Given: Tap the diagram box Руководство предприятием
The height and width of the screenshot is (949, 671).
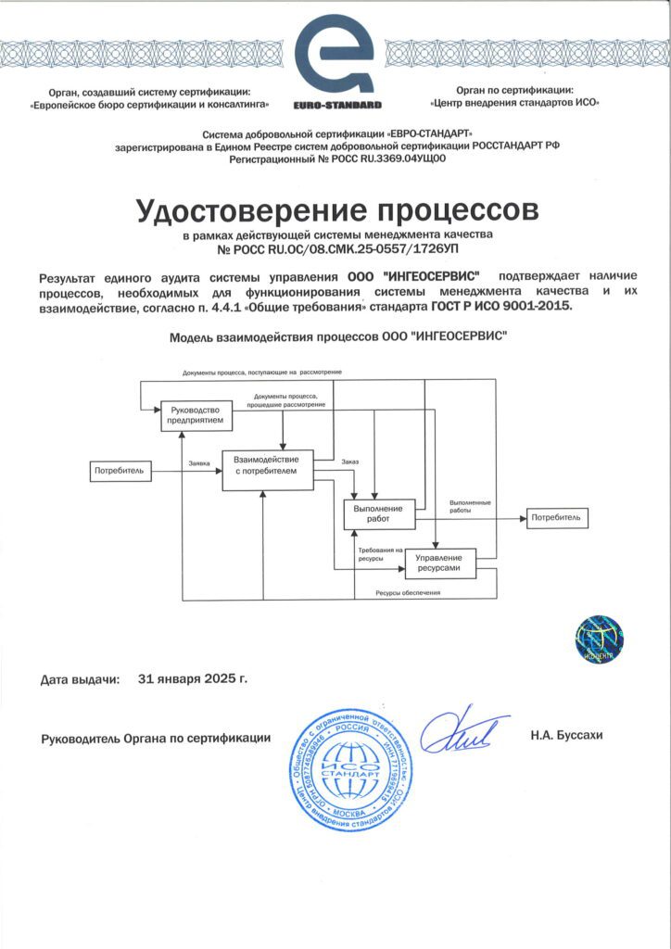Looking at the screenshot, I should (x=195, y=416).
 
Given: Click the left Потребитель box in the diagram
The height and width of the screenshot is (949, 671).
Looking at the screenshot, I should (x=120, y=471).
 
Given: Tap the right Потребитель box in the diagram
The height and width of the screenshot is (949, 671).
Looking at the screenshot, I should (x=557, y=517).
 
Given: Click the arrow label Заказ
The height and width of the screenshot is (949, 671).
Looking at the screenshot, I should (x=349, y=462).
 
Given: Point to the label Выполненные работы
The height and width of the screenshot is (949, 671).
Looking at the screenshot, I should (x=470, y=507).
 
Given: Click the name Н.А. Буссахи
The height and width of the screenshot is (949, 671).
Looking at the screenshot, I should (x=567, y=735).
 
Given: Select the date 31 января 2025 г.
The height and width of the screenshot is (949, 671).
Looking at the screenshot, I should (x=192, y=678).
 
